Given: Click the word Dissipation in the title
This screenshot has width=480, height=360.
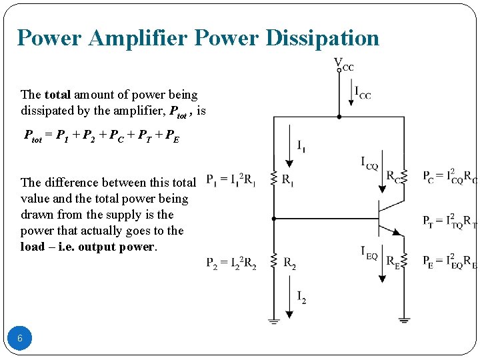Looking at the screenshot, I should click(x=322, y=38).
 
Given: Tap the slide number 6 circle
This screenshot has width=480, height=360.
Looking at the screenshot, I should click(x=20, y=338).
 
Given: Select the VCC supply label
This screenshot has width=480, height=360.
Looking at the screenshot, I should click(x=343, y=65).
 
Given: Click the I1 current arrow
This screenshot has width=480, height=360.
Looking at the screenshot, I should click(x=289, y=145).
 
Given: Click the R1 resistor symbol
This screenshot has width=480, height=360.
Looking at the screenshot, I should click(x=273, y=179).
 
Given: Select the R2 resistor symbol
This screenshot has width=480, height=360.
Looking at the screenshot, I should click(x=273, y=262).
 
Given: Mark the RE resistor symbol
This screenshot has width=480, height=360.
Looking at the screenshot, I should click(x=404, y=261).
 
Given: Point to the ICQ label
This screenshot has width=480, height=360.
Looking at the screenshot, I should click(x=369, y=163).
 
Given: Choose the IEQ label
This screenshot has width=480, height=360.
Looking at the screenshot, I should click(x=369, y=253).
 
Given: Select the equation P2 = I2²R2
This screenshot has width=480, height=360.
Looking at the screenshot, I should click(x=231, y=262).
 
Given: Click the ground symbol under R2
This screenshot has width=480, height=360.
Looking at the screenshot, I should click(x=273, y=321).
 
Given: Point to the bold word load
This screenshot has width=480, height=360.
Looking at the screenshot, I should click(x=33, y=247).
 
